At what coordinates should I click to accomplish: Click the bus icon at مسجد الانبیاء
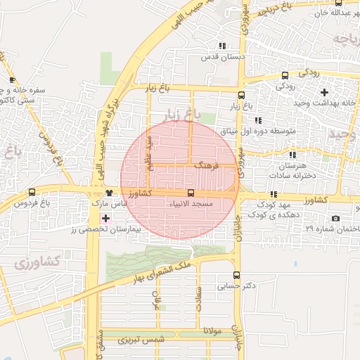[x=191, y=193]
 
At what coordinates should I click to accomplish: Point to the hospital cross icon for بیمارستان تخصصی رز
[x=106, y=219]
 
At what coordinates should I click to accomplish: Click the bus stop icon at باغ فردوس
[x=32, y=193]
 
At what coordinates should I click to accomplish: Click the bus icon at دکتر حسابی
[x=236, y=276]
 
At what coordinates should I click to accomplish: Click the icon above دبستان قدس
[x=223, y=45]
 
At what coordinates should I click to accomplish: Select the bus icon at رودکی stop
[x=285, y=75]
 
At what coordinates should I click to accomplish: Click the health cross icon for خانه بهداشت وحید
[x=324, y=92]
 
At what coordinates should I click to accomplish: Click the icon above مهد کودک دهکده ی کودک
[x=273, y=194]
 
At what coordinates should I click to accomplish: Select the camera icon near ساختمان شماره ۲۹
[x=335, y=219]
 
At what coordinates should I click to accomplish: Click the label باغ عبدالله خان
[x=328, y=13]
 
